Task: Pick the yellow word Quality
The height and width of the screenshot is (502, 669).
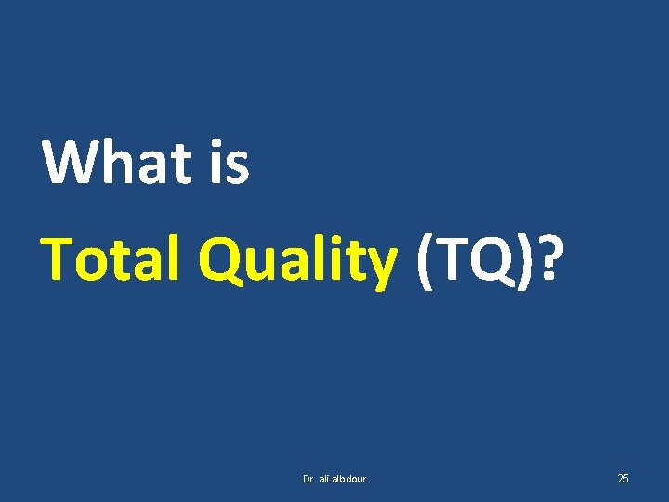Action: (x=298, y=259)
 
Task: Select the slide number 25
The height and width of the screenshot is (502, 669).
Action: (x=623, y=479)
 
